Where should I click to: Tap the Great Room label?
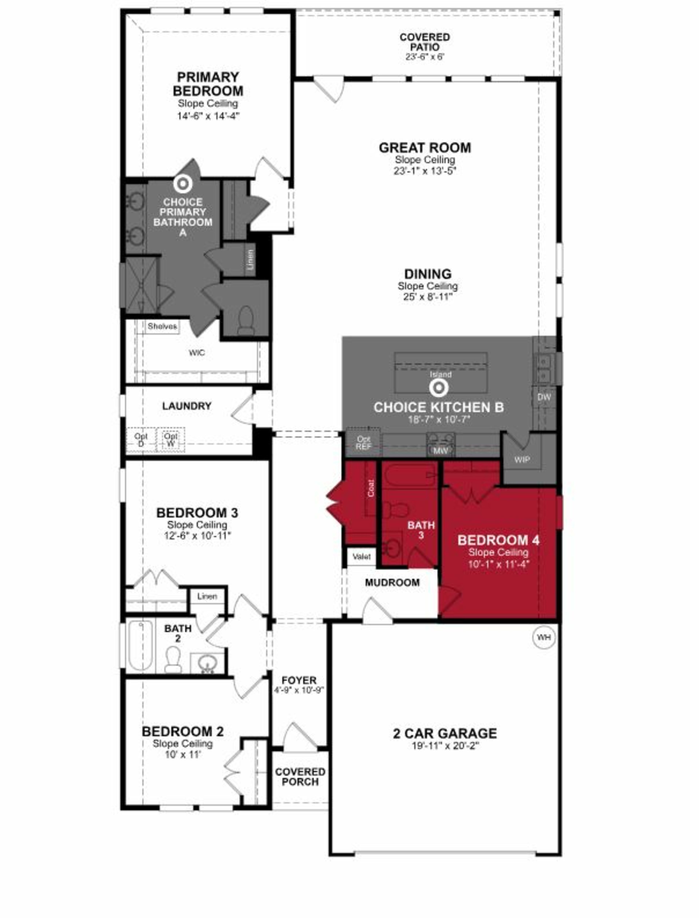pyautogui.click(x=425, y=148)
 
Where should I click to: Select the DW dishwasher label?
pyautogui.click(x=544, y=397)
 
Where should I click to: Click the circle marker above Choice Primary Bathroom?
pyautogui.click(x=183, y=184)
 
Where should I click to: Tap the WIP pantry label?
pyautogui.click(x=522, y=459)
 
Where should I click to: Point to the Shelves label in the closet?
pyautogui.click(x=162, y=326)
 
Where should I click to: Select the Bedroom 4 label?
pyautogui.click(x=498, y=540)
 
